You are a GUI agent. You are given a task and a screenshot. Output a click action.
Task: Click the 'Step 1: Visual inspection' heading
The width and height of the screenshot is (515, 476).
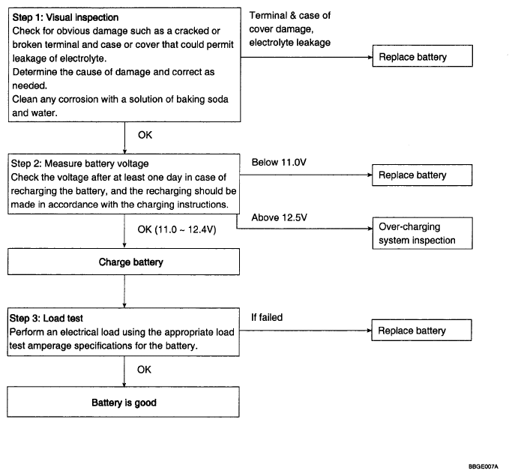(65, 17)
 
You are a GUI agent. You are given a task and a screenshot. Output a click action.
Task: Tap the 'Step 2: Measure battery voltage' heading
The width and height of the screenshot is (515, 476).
(79, 163)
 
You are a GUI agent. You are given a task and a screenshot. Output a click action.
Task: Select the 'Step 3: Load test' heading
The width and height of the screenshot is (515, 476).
(46, 319)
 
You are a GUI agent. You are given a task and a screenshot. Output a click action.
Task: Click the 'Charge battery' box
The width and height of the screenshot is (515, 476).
(124, 262)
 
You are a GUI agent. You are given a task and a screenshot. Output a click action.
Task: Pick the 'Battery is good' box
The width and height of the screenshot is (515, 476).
(123, 402)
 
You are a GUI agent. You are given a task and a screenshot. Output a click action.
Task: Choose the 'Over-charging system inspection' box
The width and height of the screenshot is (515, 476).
(422, 233)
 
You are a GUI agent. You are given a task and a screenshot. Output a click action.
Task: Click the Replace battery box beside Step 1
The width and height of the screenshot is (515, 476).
(422, 56)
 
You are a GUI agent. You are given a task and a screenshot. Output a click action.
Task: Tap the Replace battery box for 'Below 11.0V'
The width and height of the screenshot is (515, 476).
(422, 175)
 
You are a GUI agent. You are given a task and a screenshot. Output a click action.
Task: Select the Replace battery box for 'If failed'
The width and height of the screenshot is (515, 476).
(421, 330)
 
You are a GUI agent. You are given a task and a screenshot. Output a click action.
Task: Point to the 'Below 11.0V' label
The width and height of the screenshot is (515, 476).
(279, 162)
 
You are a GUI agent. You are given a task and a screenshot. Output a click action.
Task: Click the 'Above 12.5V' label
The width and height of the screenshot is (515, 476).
(279, 217)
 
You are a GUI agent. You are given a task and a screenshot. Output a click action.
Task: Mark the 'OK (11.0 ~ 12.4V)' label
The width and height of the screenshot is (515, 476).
(177, 229)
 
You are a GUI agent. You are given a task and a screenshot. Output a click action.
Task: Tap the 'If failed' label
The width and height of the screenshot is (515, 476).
(267, 317)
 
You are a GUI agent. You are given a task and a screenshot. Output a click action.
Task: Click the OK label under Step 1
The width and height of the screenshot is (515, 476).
(145, 135)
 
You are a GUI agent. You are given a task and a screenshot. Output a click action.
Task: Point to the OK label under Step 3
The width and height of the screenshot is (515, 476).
(144, 370)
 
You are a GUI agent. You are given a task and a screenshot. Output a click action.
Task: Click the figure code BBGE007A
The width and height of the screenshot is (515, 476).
(484, 466)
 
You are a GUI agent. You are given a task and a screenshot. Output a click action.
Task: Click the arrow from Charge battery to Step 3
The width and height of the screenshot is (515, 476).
(124, 292)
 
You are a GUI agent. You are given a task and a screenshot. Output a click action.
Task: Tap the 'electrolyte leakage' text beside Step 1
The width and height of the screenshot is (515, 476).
(289, 43)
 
